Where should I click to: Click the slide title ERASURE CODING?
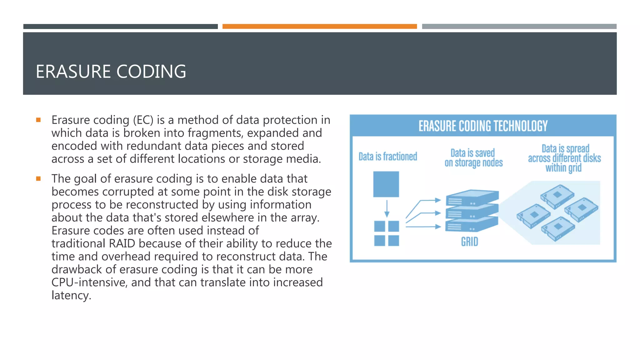click(111, 72)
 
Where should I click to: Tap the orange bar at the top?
click(319, 27)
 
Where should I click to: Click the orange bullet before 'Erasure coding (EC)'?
click(38, 120)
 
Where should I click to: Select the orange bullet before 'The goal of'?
click(38, 179)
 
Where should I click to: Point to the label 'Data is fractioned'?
click(387, 157)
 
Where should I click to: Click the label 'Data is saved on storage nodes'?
click(473, 158)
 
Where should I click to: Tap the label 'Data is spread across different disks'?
click(564, 158)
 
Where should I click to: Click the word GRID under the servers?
click(469, 242)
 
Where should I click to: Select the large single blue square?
click(386, 184)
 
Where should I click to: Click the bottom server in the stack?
click(472, 225)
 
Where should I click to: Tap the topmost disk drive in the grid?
click(557, 196)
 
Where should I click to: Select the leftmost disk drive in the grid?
click(533, 216)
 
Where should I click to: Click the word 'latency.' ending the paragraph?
click(71, 295)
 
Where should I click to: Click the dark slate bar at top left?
click(120, 27)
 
